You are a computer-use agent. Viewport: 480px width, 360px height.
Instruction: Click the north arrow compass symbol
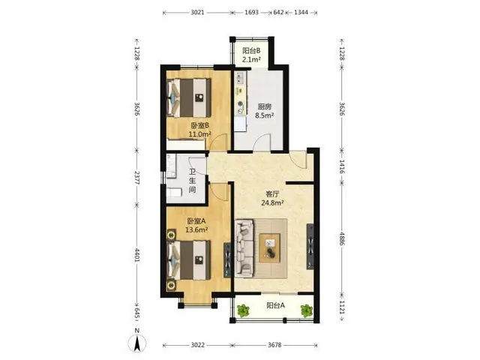point(136,343)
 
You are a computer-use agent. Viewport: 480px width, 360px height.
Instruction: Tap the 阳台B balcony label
point(251,50)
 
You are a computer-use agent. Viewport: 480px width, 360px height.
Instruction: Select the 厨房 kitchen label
point(265,106)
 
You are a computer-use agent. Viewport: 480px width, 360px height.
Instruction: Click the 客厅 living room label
point(272,194)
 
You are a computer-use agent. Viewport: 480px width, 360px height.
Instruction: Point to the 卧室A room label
point(196,220)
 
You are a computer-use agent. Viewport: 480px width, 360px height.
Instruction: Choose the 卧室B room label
point(200,125)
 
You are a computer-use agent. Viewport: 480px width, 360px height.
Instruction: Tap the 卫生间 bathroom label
point(192,181)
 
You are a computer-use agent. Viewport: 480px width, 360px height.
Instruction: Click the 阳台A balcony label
point(275,305)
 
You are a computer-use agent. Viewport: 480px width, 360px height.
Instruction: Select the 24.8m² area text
point(272,202)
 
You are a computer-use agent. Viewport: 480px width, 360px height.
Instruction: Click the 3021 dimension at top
point(197,13)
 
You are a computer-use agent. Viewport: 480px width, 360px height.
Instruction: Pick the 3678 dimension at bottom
point(274,345)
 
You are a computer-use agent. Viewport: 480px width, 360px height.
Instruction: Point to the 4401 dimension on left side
point(136,255)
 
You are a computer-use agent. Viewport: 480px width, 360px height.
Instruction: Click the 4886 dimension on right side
point(342,238)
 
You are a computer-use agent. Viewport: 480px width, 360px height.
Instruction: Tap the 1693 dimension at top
point(252,13)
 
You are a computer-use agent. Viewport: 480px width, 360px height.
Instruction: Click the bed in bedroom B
point(189,97)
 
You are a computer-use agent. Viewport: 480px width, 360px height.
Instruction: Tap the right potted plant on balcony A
point(307,311)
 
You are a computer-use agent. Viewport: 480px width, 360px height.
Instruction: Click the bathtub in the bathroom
point(175,192)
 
